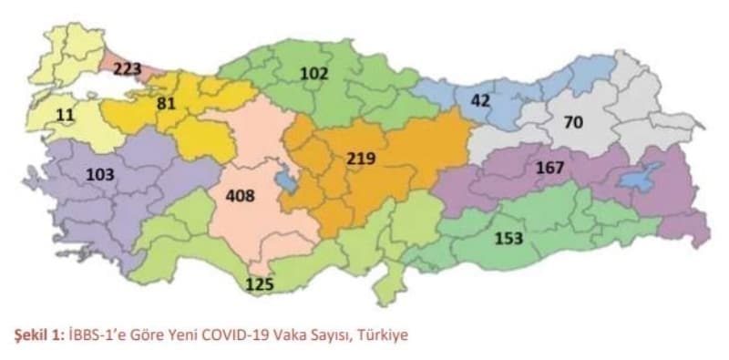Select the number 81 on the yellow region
(166, 104)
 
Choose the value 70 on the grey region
(572, 122)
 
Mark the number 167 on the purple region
(550, 168)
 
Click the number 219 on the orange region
(362, 159)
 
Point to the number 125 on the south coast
(260, 285)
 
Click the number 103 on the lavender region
(101, 174)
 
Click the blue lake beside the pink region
(286, 180)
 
